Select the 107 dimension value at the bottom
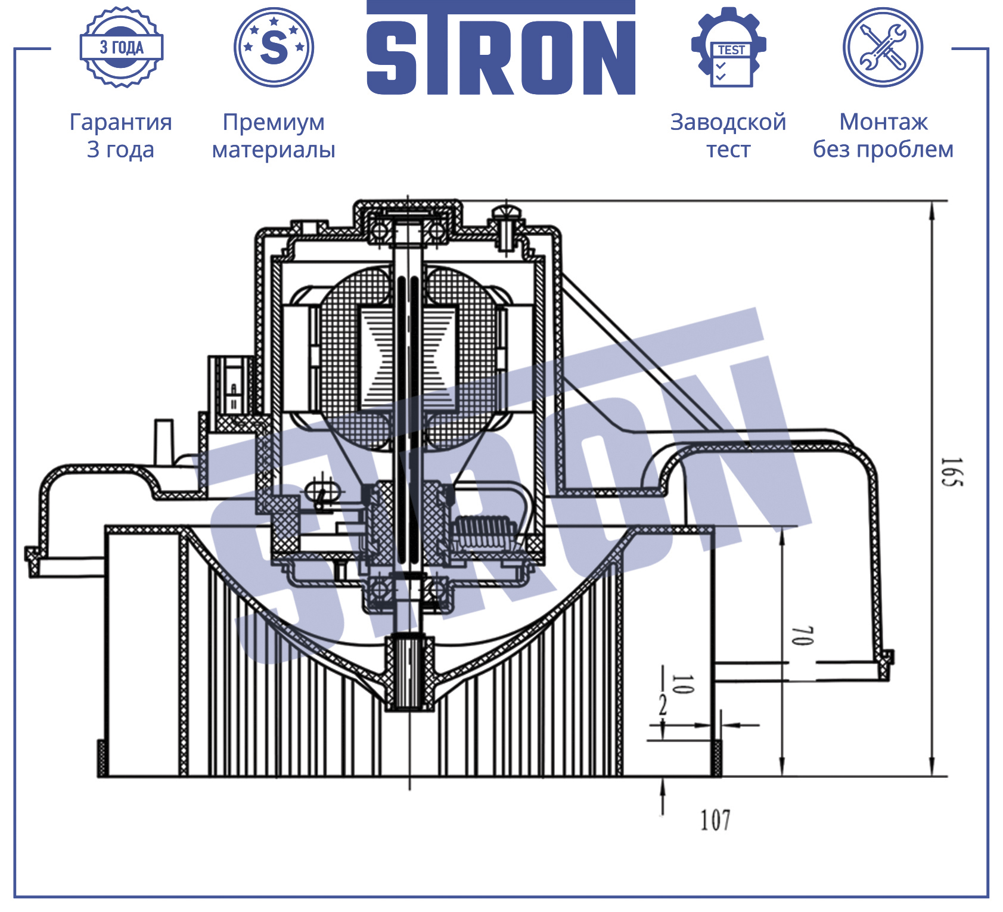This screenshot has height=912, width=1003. (x=715, y=820)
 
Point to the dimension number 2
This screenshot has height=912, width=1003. (x=663, y=706)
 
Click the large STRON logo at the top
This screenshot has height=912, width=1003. (x=501, y=48)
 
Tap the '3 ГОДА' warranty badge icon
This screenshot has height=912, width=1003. (x=122, y=47)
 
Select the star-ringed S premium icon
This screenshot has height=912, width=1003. (x=274, y=47)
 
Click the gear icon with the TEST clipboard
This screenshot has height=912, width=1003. (x=729, y=47)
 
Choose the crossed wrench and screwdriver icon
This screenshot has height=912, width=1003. (x=883, y=47)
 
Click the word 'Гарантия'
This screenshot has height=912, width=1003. (x=121, y=122)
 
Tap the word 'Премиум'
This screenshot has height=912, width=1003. (x=274, y=122)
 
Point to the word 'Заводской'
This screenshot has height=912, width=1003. (x=728, y=122)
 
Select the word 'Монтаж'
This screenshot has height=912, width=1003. (x=883, y=122)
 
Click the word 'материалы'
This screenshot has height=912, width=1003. (x=274, y=150)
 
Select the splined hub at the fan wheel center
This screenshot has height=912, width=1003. (x=409, y=672)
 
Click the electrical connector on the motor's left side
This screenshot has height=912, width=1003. (x=231, y=386)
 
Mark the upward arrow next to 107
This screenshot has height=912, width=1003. (x=663, y=796)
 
